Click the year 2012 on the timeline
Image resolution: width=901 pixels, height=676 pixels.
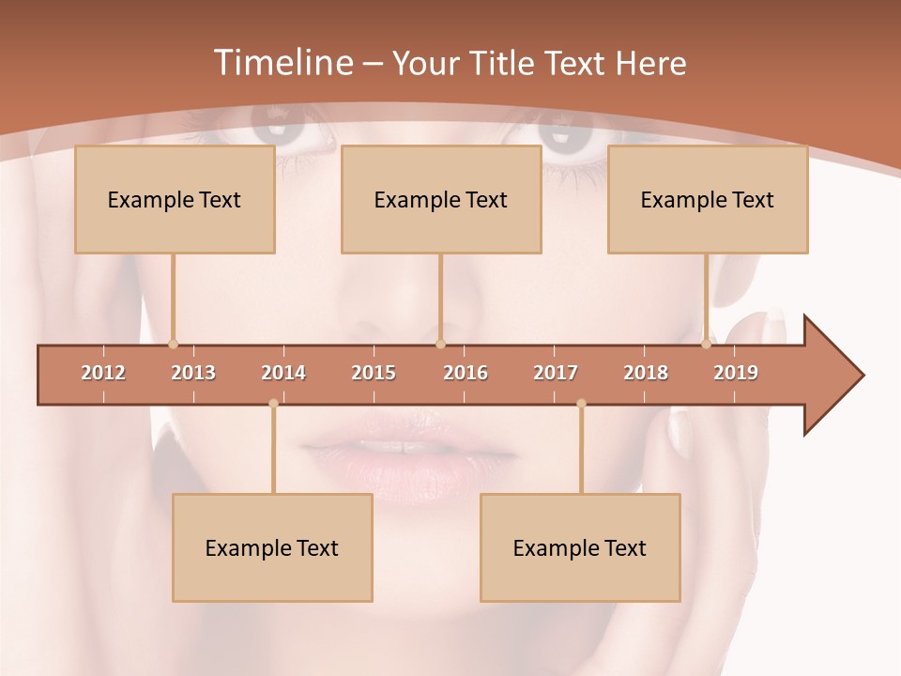[x=103, y=373]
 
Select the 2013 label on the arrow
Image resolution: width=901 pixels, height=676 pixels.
[x=193, y=373]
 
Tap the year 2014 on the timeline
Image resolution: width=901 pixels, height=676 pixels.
[x=283, y=373]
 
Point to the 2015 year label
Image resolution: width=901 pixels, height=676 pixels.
[x=374, y=373]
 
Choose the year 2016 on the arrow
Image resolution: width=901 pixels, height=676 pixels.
[x=466, y=373]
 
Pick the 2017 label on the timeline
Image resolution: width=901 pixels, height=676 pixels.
[x=556, y=373]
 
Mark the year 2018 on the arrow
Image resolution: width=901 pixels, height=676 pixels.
[x=646, y=373]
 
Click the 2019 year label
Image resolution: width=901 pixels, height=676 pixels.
[x=736, y=373]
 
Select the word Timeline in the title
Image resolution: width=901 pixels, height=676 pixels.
[x=282, y=63]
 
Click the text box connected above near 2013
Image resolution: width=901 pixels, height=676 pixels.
[x=175, y=199]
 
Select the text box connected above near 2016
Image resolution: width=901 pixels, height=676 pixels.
[x=441, y=199]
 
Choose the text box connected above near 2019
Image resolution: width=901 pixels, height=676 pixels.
[x=708, y=199]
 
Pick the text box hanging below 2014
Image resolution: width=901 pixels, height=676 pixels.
[x=272, y=547]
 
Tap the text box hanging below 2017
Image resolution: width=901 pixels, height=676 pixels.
[x=580, y=547]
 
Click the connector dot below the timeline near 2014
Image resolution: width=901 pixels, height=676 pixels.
[x=273, y=404]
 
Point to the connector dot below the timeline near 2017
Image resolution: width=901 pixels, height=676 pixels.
[x=581, y=404]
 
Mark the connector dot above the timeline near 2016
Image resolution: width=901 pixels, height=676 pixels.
[x=440, y=344]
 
